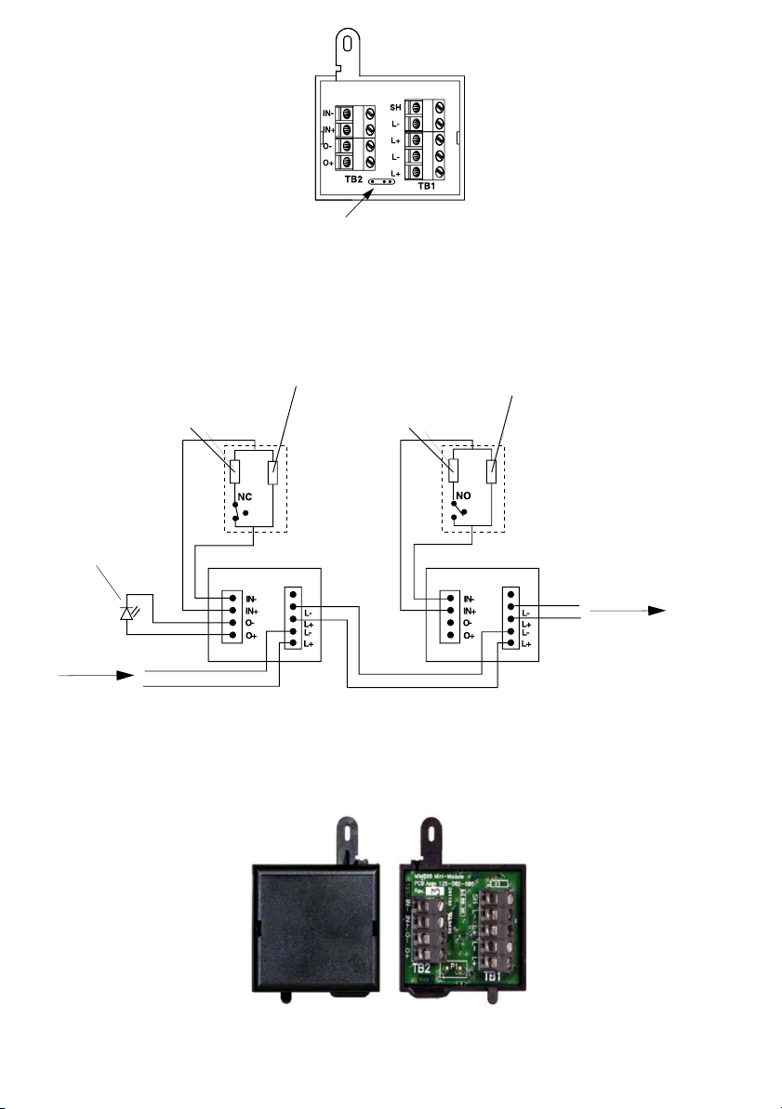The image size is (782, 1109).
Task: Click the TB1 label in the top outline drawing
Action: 427,185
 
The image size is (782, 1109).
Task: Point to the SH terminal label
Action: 394,107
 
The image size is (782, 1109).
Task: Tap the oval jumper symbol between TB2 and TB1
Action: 381,182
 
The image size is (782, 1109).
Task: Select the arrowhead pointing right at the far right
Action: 656,610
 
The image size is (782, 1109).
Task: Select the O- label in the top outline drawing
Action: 327,145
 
